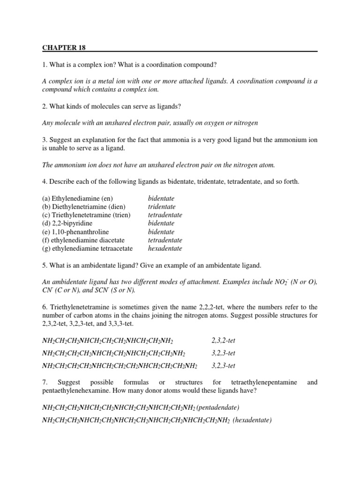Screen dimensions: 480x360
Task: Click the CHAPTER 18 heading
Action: click(x=64, y=47)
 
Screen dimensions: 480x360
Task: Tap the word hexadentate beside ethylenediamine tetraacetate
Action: click(x=165, y=248)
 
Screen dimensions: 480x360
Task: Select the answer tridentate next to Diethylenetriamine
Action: click(x=162, y=207)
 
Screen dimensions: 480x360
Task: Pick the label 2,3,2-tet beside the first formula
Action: click(x=223, y=340)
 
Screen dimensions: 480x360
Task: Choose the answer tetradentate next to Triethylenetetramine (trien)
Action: click(x=165, y=215)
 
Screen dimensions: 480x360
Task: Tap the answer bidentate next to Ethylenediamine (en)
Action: click(x=161, y=198)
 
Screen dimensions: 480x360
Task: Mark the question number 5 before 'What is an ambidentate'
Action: click(x=44, y=265)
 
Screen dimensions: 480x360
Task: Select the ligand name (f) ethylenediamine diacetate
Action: click(x=83, y=240)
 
